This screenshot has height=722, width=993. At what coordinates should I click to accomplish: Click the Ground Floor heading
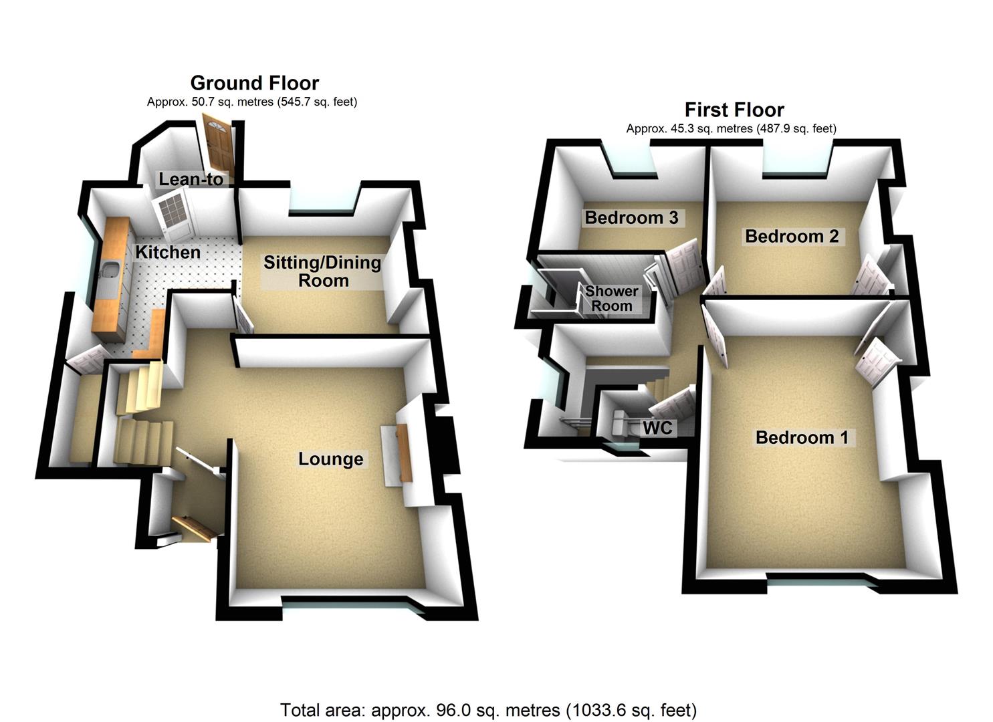[x=255, y=83]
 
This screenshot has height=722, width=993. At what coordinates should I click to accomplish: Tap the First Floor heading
[x=734, y=110]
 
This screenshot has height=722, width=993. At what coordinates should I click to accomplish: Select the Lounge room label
[x=331, y=459]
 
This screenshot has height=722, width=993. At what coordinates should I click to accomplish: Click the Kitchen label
[x=168, y=252]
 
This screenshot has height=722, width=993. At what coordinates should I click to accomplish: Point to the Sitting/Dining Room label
[x=322, y=271]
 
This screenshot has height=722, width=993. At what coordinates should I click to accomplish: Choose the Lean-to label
[x=191, y=179]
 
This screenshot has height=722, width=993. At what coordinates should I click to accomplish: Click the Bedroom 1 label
[x=802, y=438]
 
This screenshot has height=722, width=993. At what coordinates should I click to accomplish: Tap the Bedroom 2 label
[x=792, y=236]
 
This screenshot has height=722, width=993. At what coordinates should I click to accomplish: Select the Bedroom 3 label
[x=631, y=217]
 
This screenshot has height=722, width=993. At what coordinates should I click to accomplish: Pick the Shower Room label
[x=611, y=299]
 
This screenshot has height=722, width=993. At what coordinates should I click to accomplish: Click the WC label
[x=657, y=428]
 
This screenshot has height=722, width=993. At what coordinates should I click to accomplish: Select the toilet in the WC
[x=621, y=421]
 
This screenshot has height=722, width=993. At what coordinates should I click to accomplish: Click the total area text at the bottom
[x=488, y=709]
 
